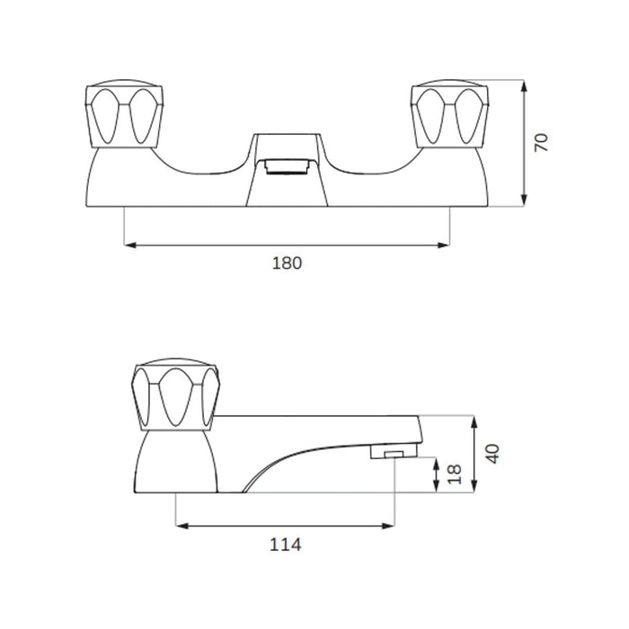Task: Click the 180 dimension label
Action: click(x=287, y=263)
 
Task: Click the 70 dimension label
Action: click(x=541, y=142)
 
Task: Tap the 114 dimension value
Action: click(x=285, y=545)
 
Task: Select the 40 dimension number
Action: click(x=492, y=454)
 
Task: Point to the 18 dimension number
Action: click(x=454, y=475)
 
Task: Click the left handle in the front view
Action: click(x=124, y=113)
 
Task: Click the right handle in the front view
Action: click(x=449, y=113)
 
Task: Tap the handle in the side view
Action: click(x=176, y=394)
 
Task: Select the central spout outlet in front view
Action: click(x=287, y=166)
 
